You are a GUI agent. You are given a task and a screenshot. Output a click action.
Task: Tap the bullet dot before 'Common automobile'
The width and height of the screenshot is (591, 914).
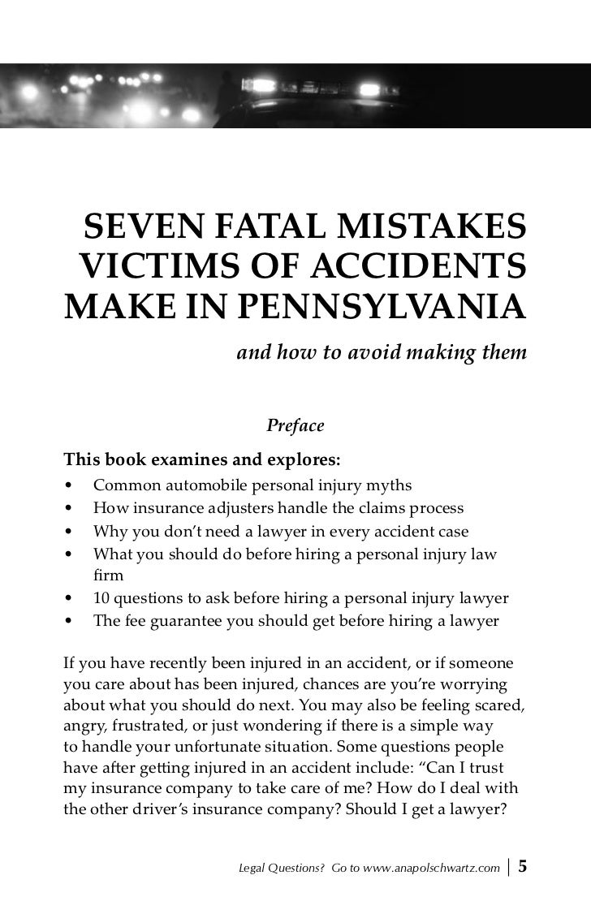coord(70,486)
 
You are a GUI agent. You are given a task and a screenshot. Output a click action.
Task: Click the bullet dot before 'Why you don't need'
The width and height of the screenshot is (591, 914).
coord(70,532)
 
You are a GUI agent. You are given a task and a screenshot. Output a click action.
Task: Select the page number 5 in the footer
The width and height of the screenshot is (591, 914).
coord(523,866)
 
